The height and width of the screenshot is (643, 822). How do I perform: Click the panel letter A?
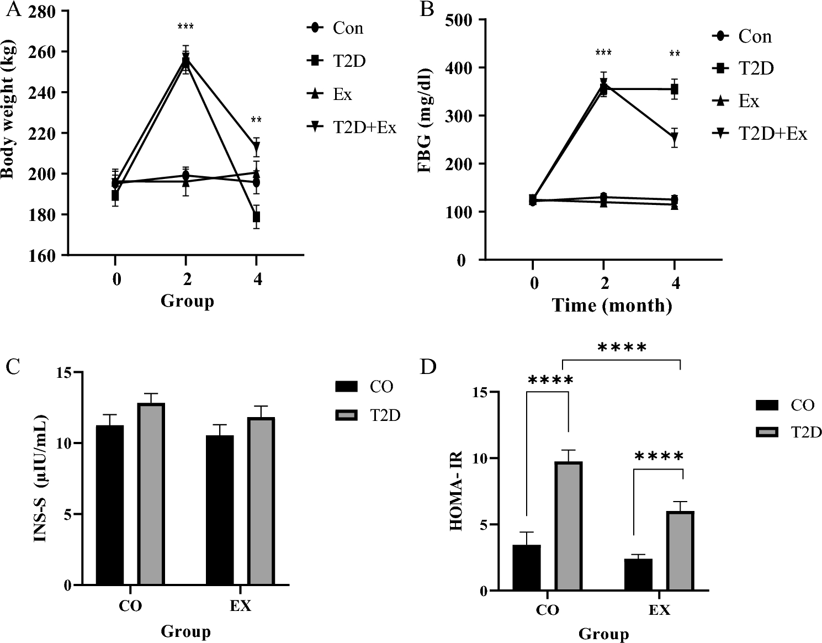pos(12,9)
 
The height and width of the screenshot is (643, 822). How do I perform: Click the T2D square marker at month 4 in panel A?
pos(257,217)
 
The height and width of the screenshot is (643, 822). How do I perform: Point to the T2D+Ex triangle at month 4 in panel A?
pos(257,147)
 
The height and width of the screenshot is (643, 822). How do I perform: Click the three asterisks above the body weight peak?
pos(185,27)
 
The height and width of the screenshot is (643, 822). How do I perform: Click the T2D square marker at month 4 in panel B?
pos(674,89)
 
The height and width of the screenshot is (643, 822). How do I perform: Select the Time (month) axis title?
pos(612,305)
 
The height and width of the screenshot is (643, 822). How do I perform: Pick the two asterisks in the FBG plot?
pos(674,54)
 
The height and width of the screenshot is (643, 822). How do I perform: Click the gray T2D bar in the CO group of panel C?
pos(151,493)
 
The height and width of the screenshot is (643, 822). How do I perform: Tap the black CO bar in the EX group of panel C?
pos(220,509)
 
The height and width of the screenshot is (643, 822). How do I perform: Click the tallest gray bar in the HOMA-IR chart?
pos(569,525)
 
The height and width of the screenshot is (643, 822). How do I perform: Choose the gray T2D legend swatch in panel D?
pos(767,432)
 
